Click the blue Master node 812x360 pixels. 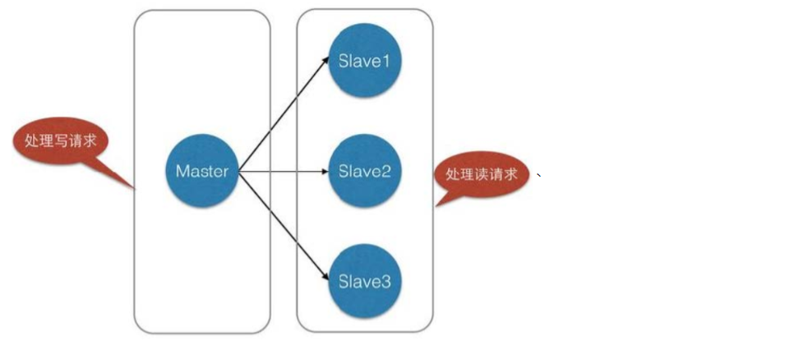click(x=202, y=172)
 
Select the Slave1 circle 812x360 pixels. click(x=364, y=62)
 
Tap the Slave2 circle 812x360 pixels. click(x=364, y=172)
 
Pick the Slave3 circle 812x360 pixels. click(x=364, y=281)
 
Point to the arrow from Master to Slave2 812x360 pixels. click(x=284, y=172)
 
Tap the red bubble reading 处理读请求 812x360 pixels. click(x=481, y=175)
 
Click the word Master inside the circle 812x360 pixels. click(x=202, y=172)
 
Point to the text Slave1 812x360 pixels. click(x=364, y=62)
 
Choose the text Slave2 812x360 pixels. click(x=364, y=172)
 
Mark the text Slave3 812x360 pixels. click(x=364, y=281)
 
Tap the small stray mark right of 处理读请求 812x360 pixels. click(x=538, y=174)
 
